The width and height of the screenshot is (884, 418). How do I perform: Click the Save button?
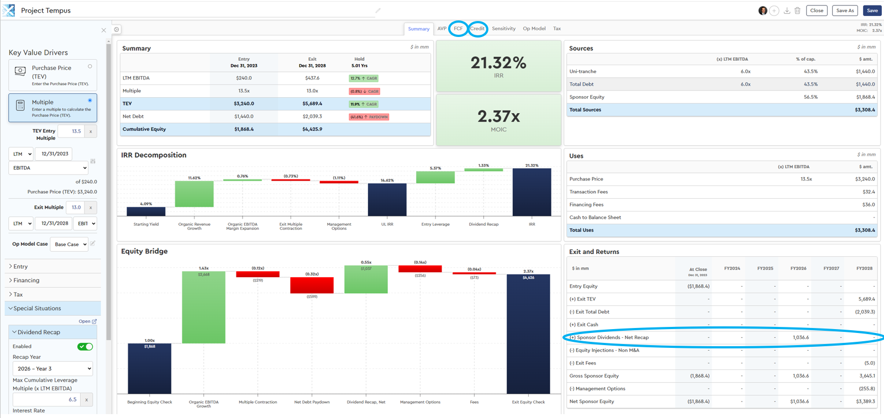coord(872,10)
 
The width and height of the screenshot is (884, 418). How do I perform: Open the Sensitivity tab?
coord(503,29)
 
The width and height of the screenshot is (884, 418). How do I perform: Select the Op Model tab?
coord(534,29)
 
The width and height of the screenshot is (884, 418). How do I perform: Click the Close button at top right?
coord(817,10)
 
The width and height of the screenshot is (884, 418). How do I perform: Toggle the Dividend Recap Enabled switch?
coord(85,347)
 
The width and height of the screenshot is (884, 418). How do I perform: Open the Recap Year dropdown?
coord(53,368)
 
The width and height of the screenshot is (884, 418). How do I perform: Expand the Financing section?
coord(27,281)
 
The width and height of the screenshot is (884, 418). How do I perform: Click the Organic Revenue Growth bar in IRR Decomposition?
coord(194,194)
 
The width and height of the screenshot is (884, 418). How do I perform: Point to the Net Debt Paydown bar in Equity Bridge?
coord(312,285)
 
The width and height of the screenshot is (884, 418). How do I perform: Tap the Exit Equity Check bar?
coord(528,334)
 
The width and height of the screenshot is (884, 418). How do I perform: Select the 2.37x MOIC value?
coord(498,117)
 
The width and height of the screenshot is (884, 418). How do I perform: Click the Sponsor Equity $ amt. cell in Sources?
coord(865,97)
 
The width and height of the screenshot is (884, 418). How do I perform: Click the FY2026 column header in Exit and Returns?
coord(798,268)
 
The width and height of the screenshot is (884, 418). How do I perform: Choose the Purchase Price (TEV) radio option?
coord(90,67)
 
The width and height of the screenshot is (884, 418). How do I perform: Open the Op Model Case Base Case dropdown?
coord(69,244)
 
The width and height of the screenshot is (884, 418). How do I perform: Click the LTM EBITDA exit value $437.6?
coord(312,78)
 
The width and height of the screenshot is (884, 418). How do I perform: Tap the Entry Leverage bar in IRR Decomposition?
coord(435,177)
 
